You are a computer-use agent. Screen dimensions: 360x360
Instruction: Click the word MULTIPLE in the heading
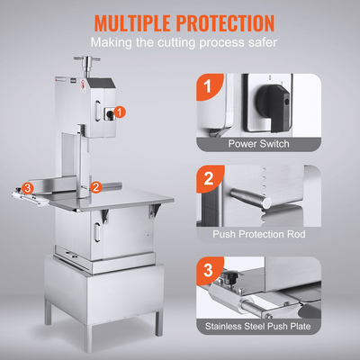(132, 22)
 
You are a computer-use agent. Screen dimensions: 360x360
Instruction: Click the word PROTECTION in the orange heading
(225, 22)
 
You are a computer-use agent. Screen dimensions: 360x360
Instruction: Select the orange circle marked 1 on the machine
(120, 112)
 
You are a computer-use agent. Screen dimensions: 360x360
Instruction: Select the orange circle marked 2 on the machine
(96, 187)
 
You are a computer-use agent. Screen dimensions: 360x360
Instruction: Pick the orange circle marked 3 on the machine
(27, 188)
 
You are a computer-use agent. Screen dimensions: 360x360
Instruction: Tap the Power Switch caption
(259, 144)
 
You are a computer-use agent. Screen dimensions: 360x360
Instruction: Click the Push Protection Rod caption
(259, 234)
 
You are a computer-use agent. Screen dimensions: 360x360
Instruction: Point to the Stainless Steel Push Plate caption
(258, 326)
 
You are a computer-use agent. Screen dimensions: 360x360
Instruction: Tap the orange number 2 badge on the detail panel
(209, 178)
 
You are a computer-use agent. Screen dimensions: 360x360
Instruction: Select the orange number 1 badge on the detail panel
(209, 86)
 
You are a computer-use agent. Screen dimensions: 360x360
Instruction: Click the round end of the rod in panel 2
(265, 202)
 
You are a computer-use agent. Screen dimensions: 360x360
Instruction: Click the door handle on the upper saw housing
(97, 110)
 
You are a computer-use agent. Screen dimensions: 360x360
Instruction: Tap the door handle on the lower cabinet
(97, 231)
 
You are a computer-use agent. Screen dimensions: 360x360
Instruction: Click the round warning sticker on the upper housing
(82, 86)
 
